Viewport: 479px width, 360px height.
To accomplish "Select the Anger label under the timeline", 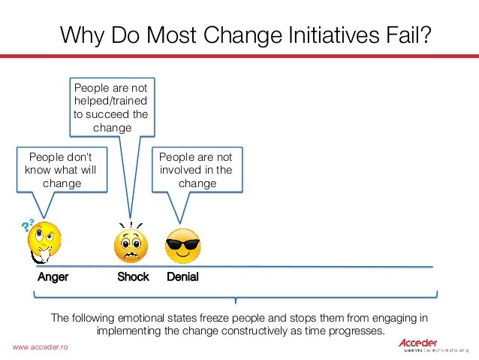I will pyautogui.click(x=53, y=277).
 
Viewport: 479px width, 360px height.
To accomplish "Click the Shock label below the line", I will pyautogui.click(x=134, y=277).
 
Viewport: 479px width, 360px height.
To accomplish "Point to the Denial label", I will pyautogui.click(x=182, y=277).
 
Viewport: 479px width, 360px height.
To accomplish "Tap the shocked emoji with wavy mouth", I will pyautogui.click(x=131, y=245).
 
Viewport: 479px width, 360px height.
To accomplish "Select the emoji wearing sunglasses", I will pyautogui.click(x=183, y=245).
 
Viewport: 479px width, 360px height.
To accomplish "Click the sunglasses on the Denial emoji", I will pyautogui.click(x=183, y=241).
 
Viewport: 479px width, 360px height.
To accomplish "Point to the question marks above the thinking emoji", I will pyautogui.click(x=29, y=226).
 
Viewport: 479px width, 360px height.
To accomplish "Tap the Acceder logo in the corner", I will pyautogui.click(x=418, y=345).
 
